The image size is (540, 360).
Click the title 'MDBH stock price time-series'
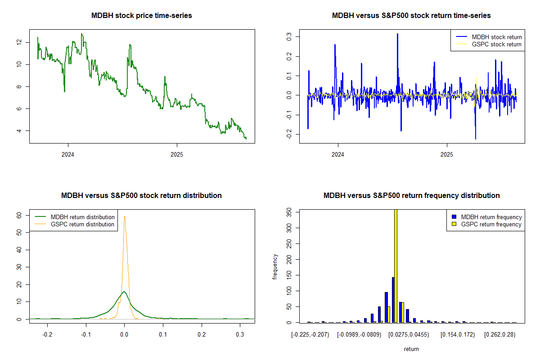click(x=142, y=16)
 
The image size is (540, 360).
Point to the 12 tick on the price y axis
click(x=19, y=42)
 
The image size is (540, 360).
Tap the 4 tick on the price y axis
click(x=19, y=131)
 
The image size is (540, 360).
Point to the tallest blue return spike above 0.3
click(x=397, y=34)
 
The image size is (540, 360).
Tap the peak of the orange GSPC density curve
click(x=125, y=217)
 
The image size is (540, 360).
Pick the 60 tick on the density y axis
click(x=19, y=216)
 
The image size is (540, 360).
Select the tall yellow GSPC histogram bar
click(x=396, y=265)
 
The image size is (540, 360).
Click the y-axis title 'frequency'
click(x=275, y=266)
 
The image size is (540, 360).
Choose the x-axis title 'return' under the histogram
click(x=411, y=349)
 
